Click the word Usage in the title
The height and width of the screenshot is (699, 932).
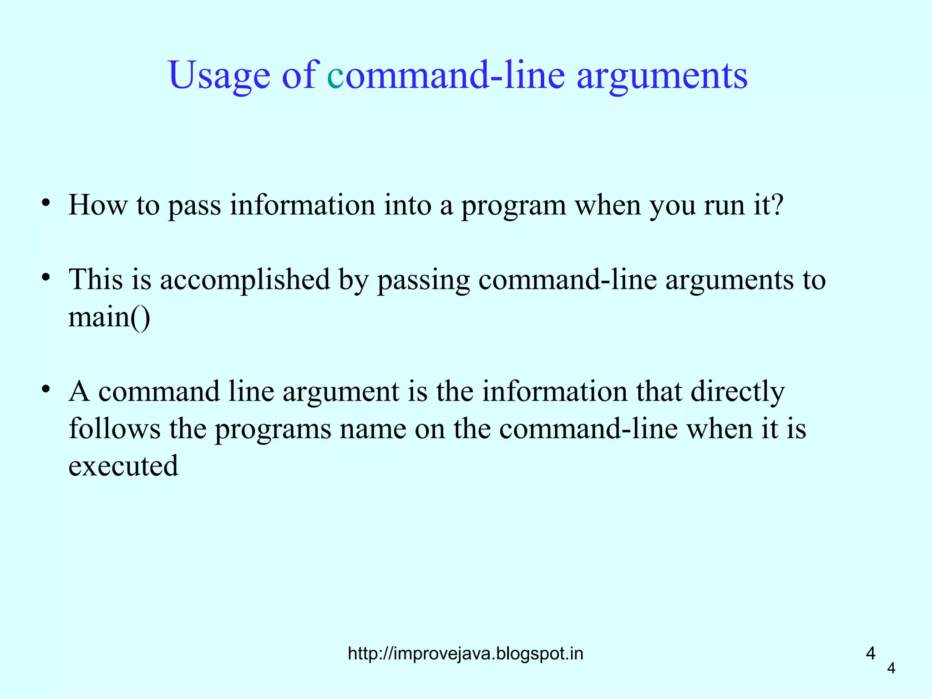pyautogui.click(x=219, y=76)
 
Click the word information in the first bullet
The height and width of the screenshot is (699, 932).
pyautogui.click(x=302, y=205)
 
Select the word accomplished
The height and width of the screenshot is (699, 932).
pyautogui.click(x=245, y=279)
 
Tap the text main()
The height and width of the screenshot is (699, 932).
pyautogui.click(x=109, y=317)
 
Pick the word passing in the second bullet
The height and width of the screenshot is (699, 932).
pyautogui.click(x=423, y=279)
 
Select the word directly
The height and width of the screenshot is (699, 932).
pyautogui.click(x=738, y=391)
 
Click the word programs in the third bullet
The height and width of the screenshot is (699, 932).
pyautogui.click(x=273, y=429)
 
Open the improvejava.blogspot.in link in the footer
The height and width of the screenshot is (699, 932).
pyautogui.click(x=465, y=653)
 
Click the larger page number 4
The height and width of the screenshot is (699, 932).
pyautogui.click(x=871, y=653)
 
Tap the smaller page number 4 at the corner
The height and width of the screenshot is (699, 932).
pyautogui.click(x=891, y=668)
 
